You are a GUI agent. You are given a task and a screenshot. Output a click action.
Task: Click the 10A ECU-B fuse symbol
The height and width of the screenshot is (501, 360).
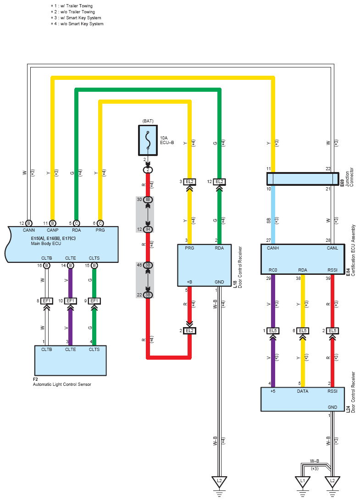148,140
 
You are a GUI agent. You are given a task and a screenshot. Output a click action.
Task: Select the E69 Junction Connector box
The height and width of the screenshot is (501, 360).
303,179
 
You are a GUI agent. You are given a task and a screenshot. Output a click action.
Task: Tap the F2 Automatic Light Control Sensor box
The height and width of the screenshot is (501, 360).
70,361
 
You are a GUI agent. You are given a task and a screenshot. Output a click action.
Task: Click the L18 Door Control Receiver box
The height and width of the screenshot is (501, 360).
205,265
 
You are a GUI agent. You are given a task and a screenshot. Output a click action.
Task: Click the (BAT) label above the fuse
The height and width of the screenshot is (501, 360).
148,121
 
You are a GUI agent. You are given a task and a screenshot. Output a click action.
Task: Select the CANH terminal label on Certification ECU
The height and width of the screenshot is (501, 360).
273,248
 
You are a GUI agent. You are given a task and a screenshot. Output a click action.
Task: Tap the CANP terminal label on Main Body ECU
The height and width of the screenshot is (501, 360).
53,230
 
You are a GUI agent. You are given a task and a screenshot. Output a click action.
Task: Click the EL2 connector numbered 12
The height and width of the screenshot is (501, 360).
220,182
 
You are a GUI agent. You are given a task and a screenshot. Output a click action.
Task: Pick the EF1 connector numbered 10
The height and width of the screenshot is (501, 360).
71,301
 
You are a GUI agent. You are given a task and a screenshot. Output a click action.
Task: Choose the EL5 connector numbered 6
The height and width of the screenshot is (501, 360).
303,331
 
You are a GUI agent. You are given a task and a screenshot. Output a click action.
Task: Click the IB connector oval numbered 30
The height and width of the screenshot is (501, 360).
148,200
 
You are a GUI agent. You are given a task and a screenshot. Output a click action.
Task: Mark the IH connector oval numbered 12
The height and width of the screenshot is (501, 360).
148,229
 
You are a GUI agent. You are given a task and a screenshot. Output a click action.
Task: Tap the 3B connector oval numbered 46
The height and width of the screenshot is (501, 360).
148,265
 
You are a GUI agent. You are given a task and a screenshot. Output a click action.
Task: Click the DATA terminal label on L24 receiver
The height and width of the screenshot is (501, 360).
303,391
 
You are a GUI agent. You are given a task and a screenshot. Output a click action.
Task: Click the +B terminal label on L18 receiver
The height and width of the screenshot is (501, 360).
189,282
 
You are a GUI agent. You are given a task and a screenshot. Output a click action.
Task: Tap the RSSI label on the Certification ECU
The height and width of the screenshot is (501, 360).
332,270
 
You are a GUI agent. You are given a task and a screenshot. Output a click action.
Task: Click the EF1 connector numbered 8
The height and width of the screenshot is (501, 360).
47,301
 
